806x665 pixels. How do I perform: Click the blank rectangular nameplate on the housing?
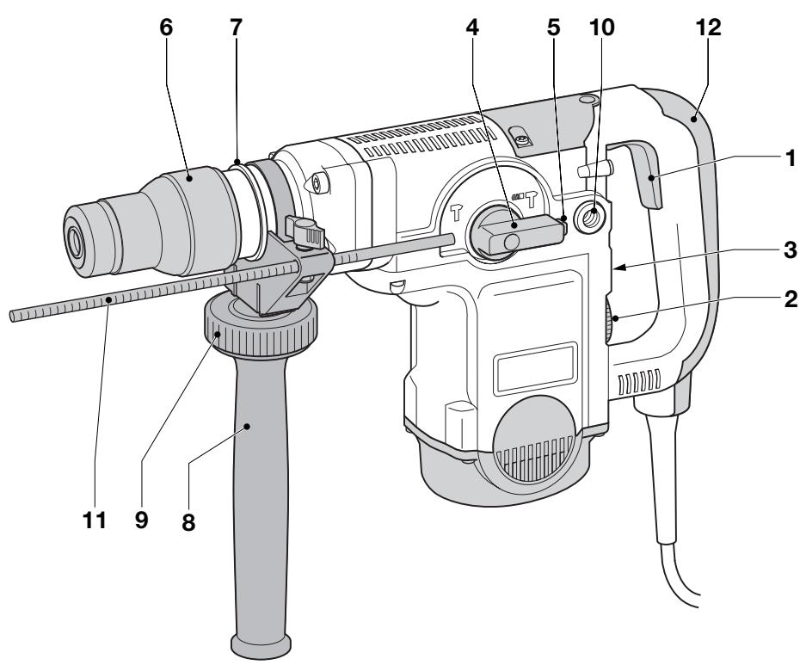pyautogui.click(x=534, y=362)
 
